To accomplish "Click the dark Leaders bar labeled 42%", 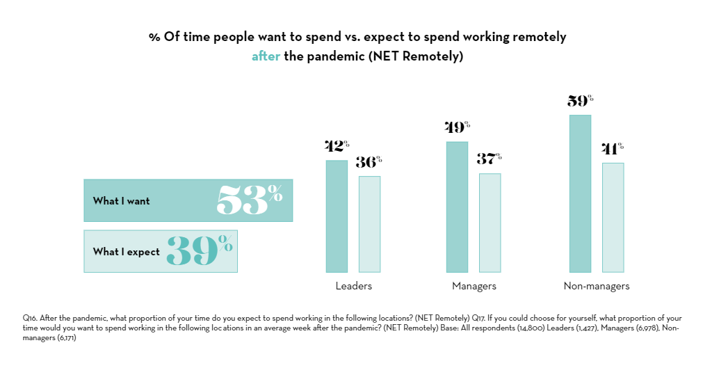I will [x=337, y=216].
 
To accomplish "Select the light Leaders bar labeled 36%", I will [x=369, y=224].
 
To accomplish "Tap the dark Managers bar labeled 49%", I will [x=457, y=207].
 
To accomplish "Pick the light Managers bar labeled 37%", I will [x=490, y=223].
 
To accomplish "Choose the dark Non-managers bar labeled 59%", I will [x=580, y=193].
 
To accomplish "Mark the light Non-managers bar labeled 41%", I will [x=613, y=217].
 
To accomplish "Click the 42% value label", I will [x=337, y=147].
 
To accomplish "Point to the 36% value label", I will [x=369, y=163].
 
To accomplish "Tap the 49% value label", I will [x=457, y=128].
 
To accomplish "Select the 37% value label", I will [x=490, y=159].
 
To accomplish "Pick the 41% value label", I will [x=613, y=149].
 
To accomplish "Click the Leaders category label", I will [x=353, y=286].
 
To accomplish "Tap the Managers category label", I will [x=474, y=286].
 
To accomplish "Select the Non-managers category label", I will [x=596, y=286].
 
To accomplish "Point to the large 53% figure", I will [x=249, y=200].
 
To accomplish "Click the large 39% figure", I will [x=200, y=251].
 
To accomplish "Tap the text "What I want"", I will [x=122, y=201].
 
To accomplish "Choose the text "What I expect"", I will [x=127, y=252].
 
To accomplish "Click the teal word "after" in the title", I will [x=266, y=57].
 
